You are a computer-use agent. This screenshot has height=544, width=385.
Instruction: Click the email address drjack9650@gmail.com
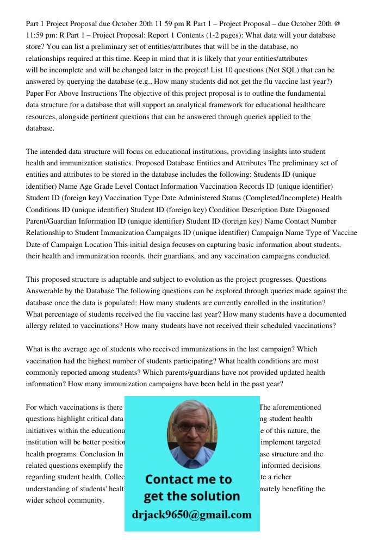(192, 515)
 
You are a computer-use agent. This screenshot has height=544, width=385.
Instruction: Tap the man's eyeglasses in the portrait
(191, 428)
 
